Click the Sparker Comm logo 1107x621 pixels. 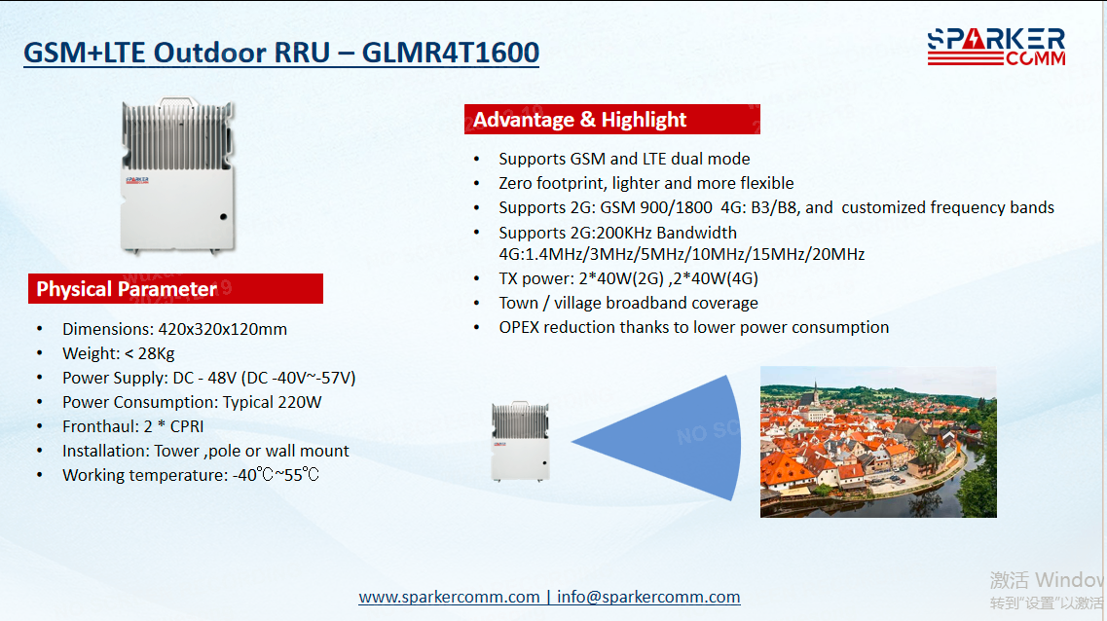coord(996,47)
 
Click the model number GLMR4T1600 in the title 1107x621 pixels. coord(451,53)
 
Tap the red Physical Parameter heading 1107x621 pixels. coord(176,289)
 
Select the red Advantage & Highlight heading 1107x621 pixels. coord(612,120)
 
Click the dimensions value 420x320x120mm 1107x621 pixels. coord(222,329)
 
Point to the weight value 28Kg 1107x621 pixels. coord(156,353)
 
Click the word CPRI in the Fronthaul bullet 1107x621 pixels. coord(187,426)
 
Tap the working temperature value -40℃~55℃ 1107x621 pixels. coord(277,475)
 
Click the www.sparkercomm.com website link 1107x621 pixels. coord(449,597)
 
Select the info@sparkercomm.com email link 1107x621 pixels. coord(648,597)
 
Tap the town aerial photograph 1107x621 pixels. coord(878,442)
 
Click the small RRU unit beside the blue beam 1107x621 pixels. coord(520,442)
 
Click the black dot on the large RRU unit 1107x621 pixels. coord(223,217)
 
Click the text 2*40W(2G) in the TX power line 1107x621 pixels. coord(621,278)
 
